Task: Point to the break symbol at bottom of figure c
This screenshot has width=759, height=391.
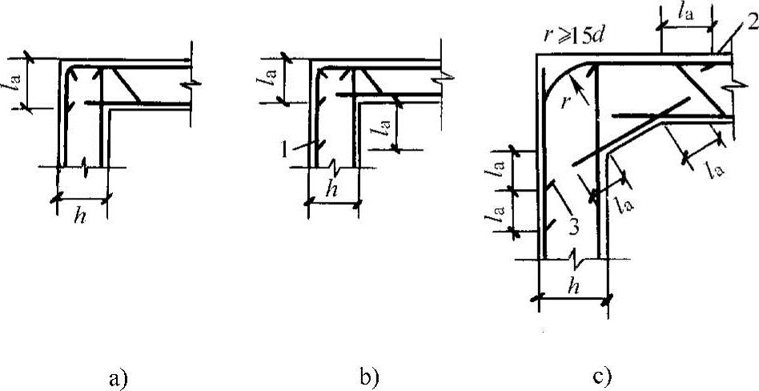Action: pyautogui.click(x=574, y=260)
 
